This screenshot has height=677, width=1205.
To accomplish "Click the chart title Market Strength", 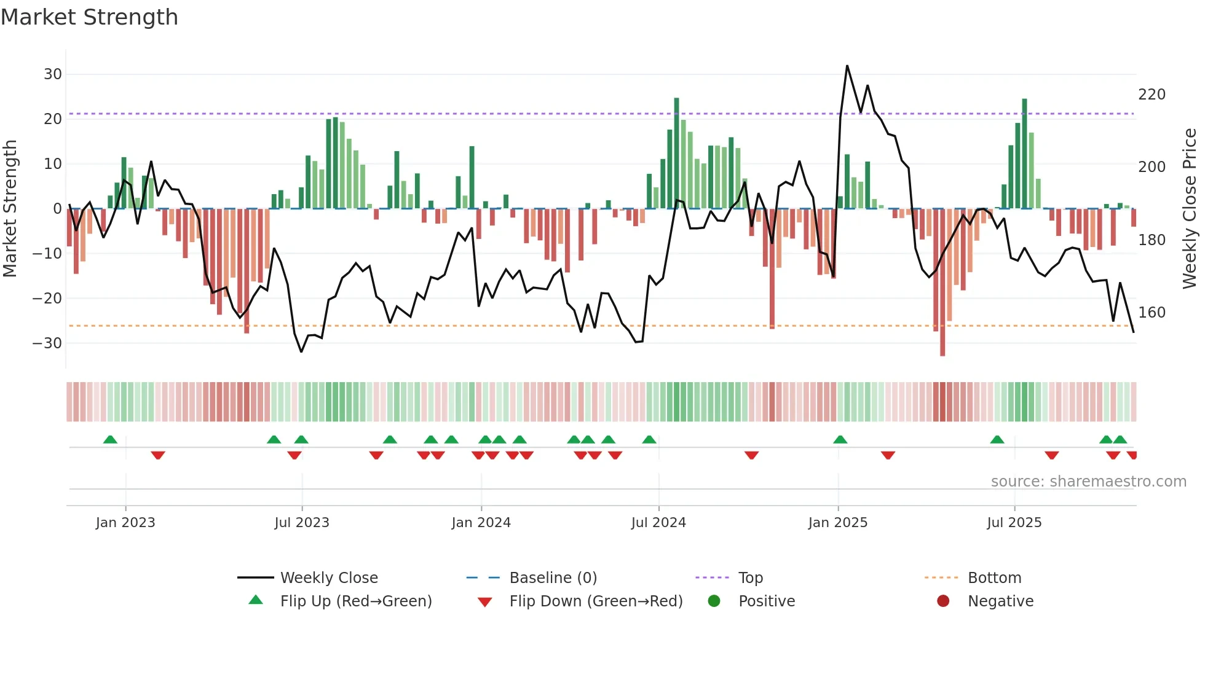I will pos(89,17).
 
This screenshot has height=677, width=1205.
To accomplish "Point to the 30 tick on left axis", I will pos(53,74).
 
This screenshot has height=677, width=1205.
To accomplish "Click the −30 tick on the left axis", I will pos(47,343).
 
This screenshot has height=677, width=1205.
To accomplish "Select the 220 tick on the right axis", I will pos(1152,95).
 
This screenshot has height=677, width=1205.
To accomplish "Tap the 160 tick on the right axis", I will pos(1152,313).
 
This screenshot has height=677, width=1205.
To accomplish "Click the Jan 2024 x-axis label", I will pos(481,523).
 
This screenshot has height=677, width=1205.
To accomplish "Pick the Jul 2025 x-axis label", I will pos(1014,523).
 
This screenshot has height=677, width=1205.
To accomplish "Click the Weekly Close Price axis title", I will pos(1190,209).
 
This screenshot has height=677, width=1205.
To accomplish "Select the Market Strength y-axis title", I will pos(10,209).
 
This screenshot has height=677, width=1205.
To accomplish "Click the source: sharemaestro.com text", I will pos(1088,482).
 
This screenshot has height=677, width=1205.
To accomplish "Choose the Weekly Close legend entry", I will pos(328,578).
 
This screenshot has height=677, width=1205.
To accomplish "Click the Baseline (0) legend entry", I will pos(553,578).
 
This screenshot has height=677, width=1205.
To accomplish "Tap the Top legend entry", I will pos(750,578).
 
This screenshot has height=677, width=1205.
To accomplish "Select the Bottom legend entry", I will pos(994,578).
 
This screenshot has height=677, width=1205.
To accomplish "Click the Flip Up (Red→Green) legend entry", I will pos(355,601).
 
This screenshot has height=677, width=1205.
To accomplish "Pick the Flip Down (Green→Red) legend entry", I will pos(595,601).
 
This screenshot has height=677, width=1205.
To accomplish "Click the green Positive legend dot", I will pos(714,601).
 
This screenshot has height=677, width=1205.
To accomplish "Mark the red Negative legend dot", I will pos(943,601).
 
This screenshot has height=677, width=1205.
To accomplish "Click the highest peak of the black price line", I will pos(847,66).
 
